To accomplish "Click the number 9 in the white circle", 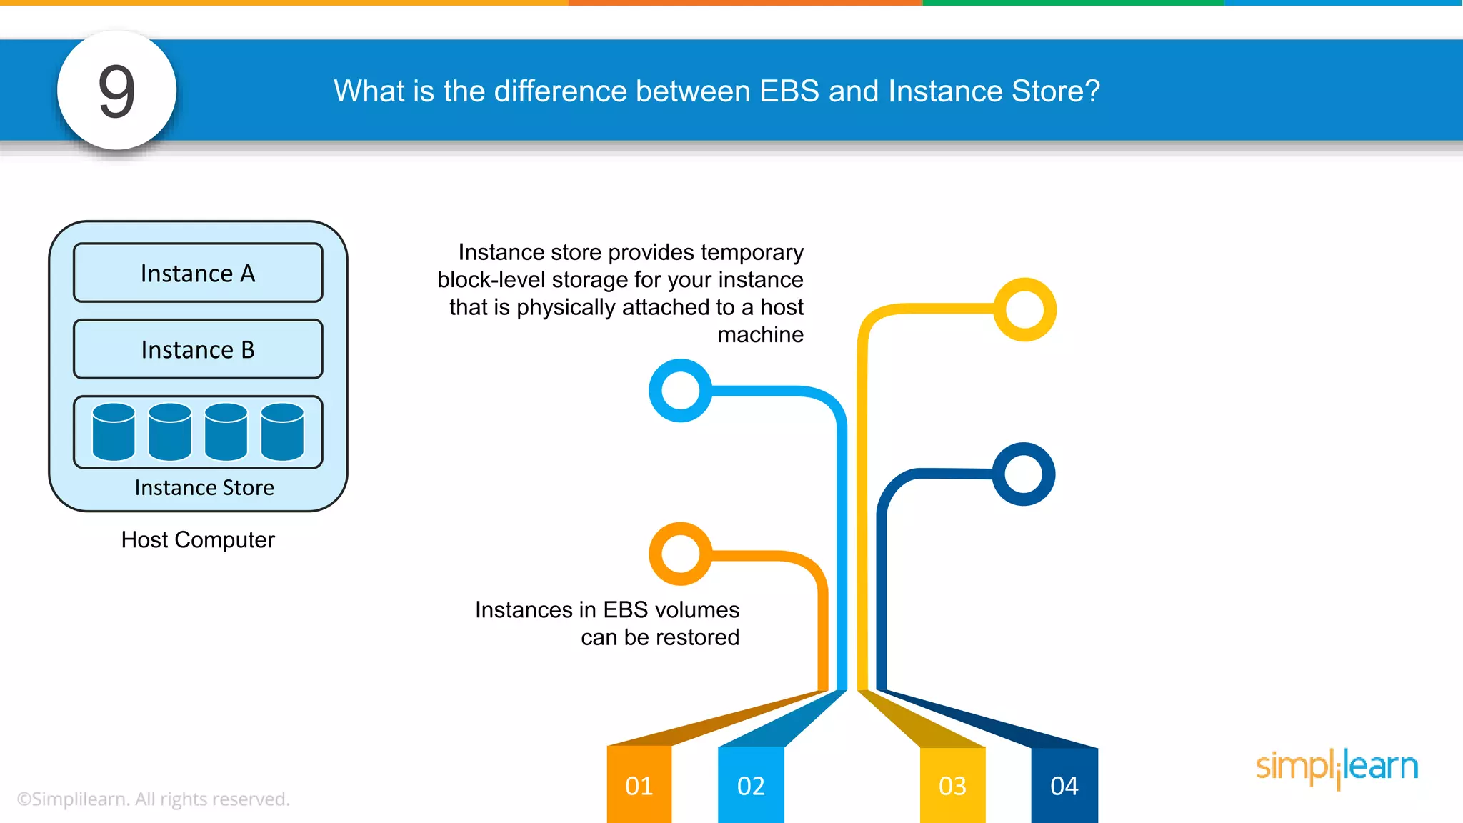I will pyautogui.click(x=116, y=91).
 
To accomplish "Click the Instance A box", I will pyautogui.click(x=198, y=273).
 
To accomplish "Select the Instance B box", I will pyautogui.click(x=198, y=349).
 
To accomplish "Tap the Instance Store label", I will pyautogui.click(x=204, y=487).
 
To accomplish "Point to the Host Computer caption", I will pyautogui.click(x=198, y=539).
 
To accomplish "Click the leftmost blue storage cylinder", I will pyautogui.click(x=114, y=432).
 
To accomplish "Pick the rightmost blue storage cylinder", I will pyautogui.click(x=282, y=432).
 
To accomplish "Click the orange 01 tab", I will pyautogui.click(x=639, y=785).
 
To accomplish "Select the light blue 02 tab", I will pyautogui.click(x=751, y=785).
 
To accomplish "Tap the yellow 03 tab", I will pyautogui.click(x=952, y=785).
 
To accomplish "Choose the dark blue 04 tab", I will pyautogui.click(x=1064, y=785).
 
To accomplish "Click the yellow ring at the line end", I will pyautogui.click(x=1025, y=309).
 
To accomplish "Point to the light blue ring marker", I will pyautogui.click(x=680, y=390).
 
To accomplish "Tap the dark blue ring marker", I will pyautogui.click(x=1024, y=474).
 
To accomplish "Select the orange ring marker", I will pyautogui.click(x=680, y=554).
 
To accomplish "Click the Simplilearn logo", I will pyautogui.click(x=1337, y=767).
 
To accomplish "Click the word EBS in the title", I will pyautogui.click(x=789, y=91).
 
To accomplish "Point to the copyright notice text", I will pyautogui.click(x=153, y=799).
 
